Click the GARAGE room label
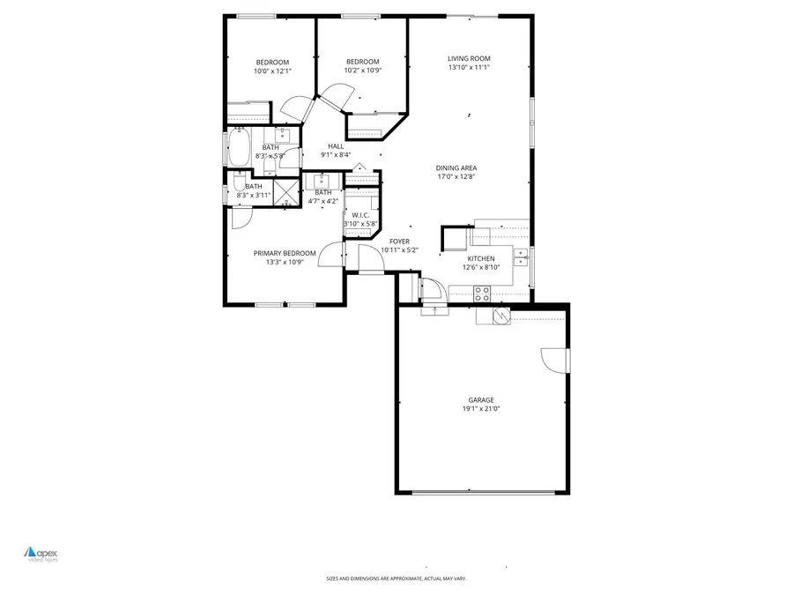click(x=480, y=399)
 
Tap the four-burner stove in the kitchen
click(x=483, y=293)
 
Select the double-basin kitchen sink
click(x=521, y=257)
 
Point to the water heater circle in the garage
click(x=500, y=316)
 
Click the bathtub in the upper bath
click(x=238, y=148)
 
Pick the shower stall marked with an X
click(x=286, y=191)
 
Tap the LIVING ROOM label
click(x=469, y=58)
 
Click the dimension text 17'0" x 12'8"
click(x=456, y=176)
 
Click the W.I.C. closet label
click(x=360, y=215)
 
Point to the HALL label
click(x=336, y=146)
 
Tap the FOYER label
click(x=399, y=241)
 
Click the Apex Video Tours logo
click(x=41, y=554)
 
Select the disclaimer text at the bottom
click(x=396, y=578)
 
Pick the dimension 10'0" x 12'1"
click(x=272, y=71)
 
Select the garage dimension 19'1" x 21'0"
click(x=480, y=409)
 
